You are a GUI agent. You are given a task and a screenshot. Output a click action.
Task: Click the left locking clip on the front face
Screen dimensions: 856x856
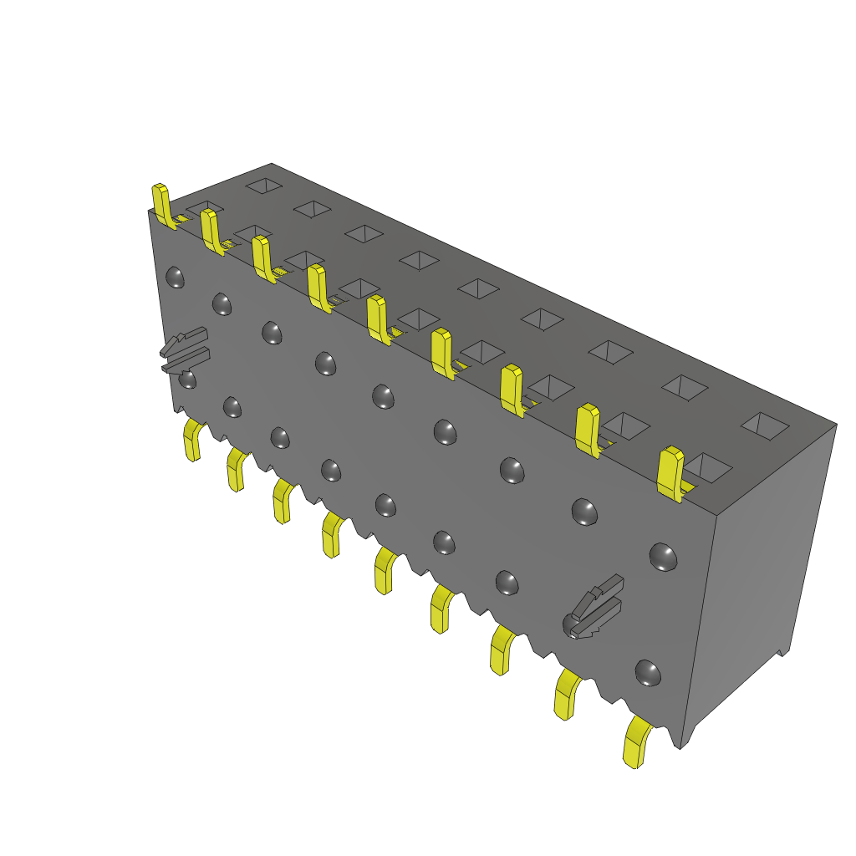185,351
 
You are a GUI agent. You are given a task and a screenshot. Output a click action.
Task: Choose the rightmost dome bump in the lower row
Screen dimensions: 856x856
648,672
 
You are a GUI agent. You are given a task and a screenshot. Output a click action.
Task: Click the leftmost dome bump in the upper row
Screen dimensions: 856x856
176,277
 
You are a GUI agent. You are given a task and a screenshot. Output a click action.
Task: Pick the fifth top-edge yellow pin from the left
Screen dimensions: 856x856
378,318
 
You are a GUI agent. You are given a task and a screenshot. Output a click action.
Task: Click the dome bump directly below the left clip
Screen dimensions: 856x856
188,380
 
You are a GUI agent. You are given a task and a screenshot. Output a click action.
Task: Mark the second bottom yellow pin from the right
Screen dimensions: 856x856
568,693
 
